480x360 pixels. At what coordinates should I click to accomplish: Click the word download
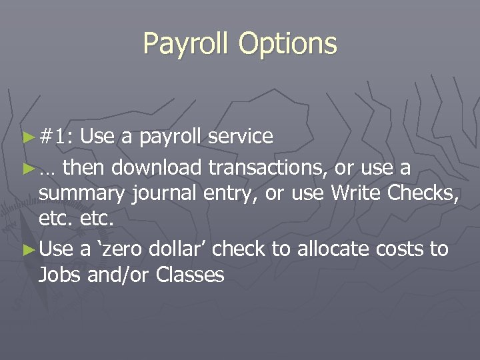(x=156, y=167)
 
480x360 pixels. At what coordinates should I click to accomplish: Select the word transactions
(x=267, y=167)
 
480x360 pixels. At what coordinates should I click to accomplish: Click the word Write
(x=357, y=194)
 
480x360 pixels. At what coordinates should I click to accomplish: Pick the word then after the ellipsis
(x=85, y=167)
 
